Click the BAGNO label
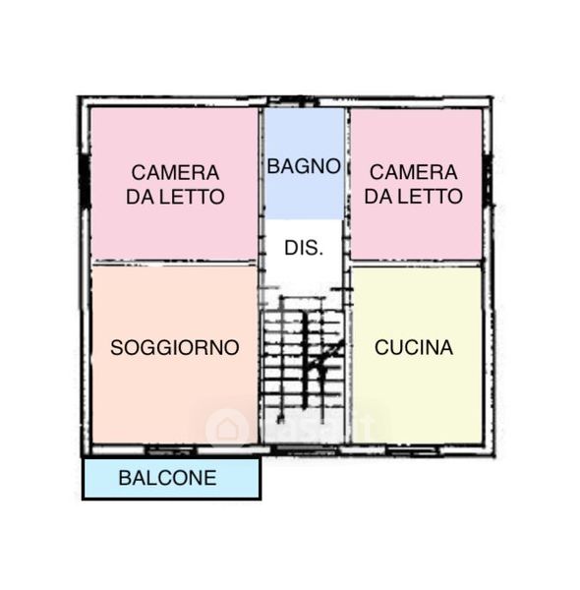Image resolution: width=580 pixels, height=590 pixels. tap(304, 166)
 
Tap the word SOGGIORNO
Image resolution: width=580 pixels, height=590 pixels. tap(175, 347)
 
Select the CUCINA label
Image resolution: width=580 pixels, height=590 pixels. tap(414, 347)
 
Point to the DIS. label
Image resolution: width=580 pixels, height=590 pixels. tap(304, 248)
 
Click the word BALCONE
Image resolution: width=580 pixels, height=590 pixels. tap(168, 478)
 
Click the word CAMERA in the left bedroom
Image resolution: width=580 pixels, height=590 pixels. tap(175, 173)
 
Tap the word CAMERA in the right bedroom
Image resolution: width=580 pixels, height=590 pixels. tap(413, 172)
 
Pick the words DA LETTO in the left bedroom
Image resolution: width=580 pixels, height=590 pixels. tap(175, 197)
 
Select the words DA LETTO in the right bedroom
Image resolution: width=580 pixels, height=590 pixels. tap(413, 197)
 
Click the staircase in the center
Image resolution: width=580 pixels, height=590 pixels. tap(303, 359)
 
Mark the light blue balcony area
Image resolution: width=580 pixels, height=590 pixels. tap(171, 478)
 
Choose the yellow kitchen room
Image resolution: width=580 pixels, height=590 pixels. tap(417, 355)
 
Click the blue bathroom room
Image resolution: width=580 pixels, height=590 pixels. tap(304, 163)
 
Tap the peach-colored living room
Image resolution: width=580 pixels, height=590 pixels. tap(175, 355)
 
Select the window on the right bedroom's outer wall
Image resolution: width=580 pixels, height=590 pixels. tap(488, 180)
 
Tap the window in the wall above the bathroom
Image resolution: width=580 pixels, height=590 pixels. tap(293, 101)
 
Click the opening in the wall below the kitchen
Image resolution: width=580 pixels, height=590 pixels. tap(413, 450)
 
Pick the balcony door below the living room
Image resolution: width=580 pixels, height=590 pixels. tap(171, 450)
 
